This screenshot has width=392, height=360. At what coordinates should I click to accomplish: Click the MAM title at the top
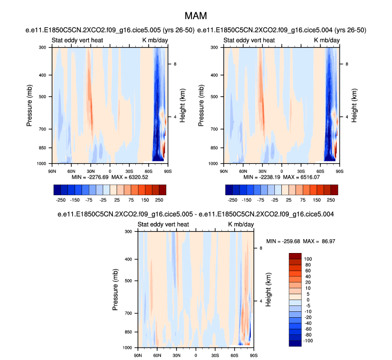point(196,17)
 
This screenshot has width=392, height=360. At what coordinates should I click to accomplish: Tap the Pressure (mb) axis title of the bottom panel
point(116,289)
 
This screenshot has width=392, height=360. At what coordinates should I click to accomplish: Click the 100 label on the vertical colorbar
point(307,258)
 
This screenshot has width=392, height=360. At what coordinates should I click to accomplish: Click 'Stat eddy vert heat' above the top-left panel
point(77,40)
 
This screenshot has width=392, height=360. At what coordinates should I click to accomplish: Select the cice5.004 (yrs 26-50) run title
point(282,30)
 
